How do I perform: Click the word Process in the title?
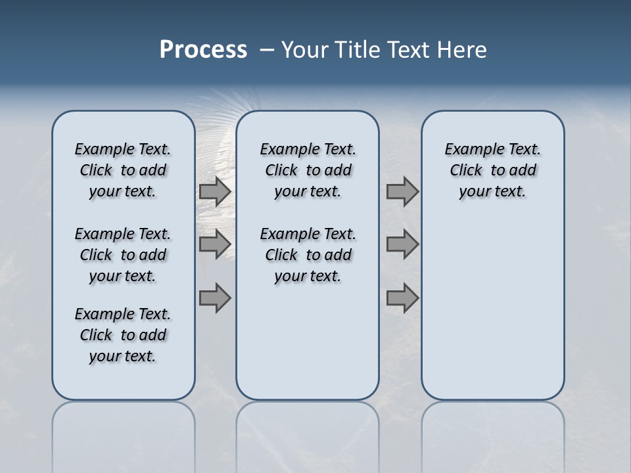pos(203,50)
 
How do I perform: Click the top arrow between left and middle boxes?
pos(215,191)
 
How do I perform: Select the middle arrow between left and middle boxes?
pos(215,244)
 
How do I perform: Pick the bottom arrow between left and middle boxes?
pos(215,298)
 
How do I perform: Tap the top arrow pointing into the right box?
pos(402,191)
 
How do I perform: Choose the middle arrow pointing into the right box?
pos(402,244)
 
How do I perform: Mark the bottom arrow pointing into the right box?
pos(402,298)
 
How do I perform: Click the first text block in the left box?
pos(123,170)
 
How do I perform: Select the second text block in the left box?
pos(123,255)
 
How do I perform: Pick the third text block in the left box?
pos(123,335)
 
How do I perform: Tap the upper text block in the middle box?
pos(308,170)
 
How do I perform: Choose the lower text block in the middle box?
pos(308,255)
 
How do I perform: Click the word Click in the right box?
pos(466,170)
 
